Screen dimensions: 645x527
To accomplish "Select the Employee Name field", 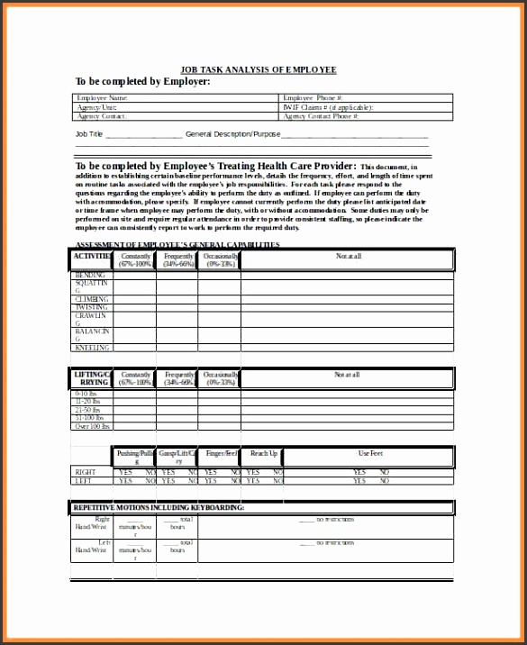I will [176, 97].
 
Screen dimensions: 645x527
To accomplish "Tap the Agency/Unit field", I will [176, 107].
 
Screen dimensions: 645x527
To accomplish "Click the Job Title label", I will [89, 134].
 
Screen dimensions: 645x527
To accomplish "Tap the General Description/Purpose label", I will [232, 134].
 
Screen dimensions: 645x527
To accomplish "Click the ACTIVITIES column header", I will [92, 257].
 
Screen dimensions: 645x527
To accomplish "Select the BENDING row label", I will [90, 275].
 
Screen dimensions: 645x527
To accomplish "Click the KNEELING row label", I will [92, 347].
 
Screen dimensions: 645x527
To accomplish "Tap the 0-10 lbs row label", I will [86, 394].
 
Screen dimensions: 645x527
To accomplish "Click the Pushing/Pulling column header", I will [135, 457].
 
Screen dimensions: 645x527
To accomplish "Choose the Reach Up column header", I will [264, 453].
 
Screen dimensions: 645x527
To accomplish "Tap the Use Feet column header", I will [370, 453].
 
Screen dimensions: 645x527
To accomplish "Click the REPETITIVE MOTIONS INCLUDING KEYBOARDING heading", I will [159, 508].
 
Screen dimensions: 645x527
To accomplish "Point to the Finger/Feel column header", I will [221, 453].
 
